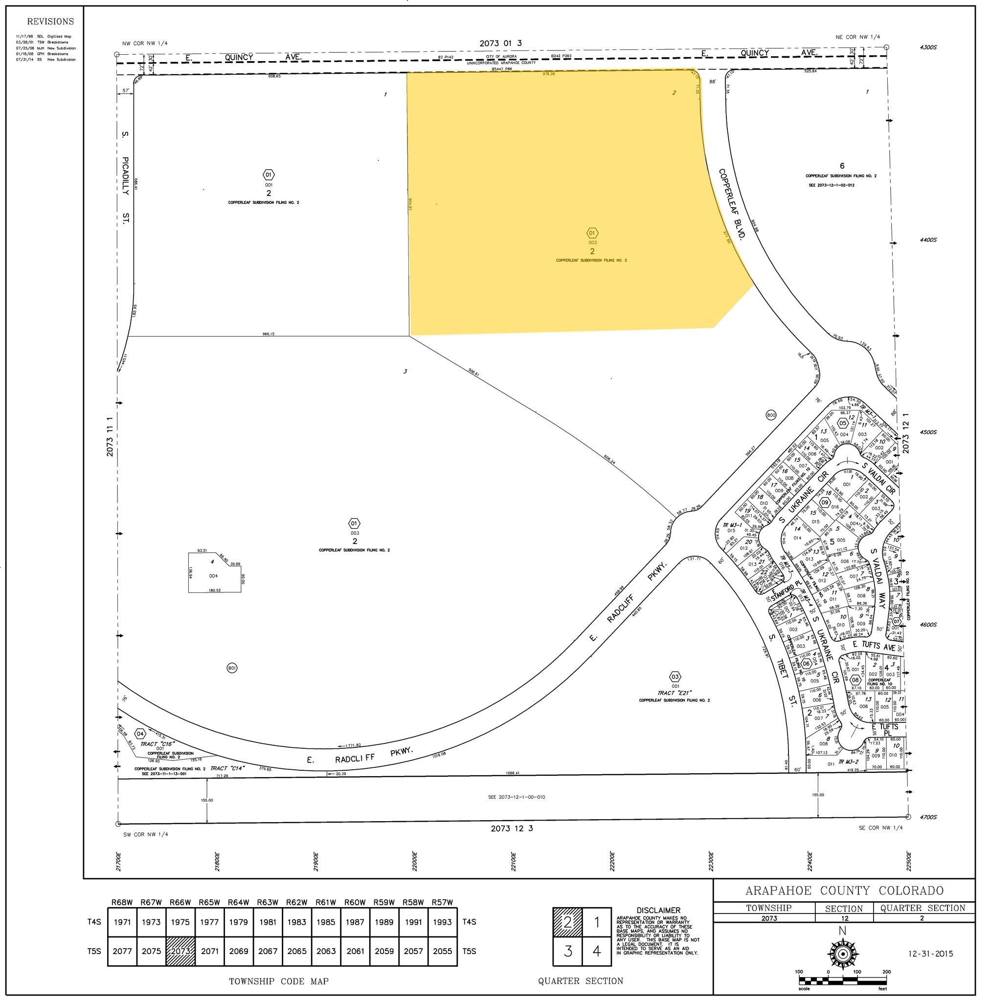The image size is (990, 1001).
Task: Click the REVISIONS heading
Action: point(50,21)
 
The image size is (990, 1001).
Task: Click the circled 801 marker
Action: point(232,668)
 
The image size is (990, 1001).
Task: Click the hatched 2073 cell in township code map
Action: point(180,951)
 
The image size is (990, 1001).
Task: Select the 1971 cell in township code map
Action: point(122,922)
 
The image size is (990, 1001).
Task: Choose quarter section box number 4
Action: point(596,951)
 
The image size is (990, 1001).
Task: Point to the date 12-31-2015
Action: point(931,953)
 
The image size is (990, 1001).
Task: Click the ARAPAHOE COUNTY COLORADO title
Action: point(844,891)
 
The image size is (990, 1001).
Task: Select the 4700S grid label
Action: point(928,817)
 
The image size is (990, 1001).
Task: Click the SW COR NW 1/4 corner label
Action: point(145,834)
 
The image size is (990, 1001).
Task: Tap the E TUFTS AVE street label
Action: point(874,646)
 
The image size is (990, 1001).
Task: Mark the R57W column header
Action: point(442,903)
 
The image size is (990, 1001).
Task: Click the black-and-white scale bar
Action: point(843,981)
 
